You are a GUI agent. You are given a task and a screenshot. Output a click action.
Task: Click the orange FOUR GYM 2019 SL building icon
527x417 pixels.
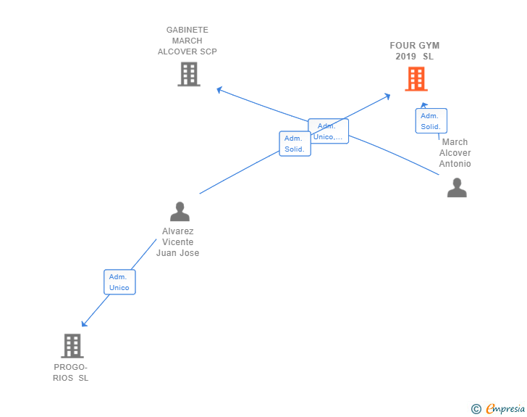[x=416, y=79]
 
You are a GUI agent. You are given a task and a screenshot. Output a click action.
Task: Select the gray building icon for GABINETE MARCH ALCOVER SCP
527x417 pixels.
[x=189, y=74]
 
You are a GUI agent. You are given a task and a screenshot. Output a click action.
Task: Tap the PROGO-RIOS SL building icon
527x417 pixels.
[x=72, y=346]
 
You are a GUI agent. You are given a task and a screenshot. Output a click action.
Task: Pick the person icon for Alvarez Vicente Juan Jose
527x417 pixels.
[x=180, y=212]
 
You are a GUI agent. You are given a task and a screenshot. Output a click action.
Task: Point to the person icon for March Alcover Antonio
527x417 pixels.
[x=457, y=188]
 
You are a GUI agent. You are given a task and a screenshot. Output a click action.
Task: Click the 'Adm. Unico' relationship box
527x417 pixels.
[x=119, y=282]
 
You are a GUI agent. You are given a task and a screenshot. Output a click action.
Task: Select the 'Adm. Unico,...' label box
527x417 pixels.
[x=329, y=131]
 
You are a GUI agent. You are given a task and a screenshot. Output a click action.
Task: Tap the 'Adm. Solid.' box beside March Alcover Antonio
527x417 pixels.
[x=431, y=121]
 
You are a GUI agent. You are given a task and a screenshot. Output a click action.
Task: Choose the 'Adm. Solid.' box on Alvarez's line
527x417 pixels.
[x=295, y=144]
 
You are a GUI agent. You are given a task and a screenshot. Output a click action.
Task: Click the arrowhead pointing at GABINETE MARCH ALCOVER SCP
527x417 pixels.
[x=219, y=90]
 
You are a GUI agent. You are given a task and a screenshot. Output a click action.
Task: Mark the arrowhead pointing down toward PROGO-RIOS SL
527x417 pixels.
[x=84, y=324]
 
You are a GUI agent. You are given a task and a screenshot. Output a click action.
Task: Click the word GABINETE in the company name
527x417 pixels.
[x=187, y=30]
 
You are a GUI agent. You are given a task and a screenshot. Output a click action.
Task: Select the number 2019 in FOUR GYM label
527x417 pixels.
[x=405, y=57]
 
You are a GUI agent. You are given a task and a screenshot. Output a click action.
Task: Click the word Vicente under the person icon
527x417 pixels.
[x=178, y=241]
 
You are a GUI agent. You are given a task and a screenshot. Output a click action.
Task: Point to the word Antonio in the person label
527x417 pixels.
[x=455, y=164]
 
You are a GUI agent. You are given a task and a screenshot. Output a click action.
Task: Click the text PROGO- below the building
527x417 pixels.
[x=71, y=367]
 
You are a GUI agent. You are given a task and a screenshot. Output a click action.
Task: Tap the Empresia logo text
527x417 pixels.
[x=505, y=408]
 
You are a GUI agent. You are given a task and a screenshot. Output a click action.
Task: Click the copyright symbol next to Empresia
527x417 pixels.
[x=476, y=409]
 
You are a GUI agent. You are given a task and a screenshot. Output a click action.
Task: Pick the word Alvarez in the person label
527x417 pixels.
[x=178, y=231]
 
